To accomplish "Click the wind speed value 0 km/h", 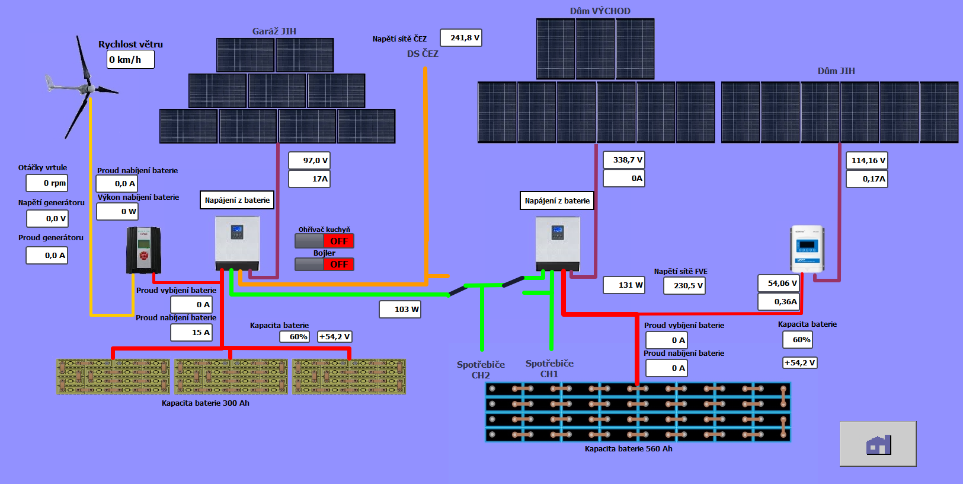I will click(x=130, y=59).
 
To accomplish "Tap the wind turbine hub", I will click(x=89, y=88).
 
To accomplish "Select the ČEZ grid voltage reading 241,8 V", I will click(x=461, y=38).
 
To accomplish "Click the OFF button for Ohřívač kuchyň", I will click(x=338, y=241).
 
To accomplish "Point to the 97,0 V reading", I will click(x=309, y=161).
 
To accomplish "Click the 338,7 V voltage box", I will click(x=624, y=160).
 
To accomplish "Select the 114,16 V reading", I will click(x=867, y=161).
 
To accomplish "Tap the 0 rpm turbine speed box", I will click(x=47, y=183).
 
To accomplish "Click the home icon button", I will click(x=878, y=444).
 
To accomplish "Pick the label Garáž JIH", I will click(x=274, y=31).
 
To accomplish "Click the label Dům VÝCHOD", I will click(x=600, y=11).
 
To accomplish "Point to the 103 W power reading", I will click(x=400, y=310).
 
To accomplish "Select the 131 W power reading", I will click(x=624, y=285).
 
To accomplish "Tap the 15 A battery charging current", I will click(x=191, y=333).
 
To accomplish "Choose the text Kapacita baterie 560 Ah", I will click(x=628, y=449).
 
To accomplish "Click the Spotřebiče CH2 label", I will click(x=481, y=370).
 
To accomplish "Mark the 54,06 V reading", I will click(x=778, y=284).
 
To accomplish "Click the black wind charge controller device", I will click(x=143, y=250).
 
